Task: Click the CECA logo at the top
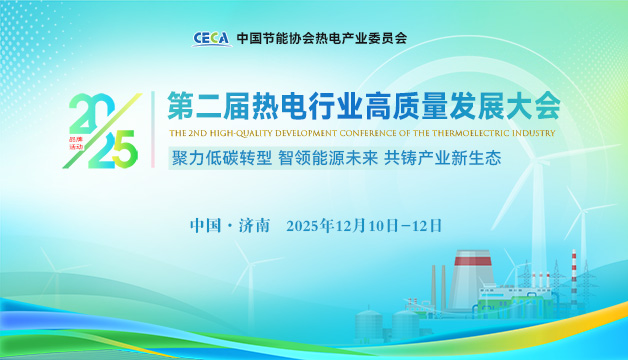click(x=213, y=39)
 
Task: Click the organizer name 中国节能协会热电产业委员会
click(x=322, y=39)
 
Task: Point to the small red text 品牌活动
click(x=78, y=144)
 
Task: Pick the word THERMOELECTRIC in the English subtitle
click(x=475, y=131)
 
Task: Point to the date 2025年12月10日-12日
click(x=364, y=224)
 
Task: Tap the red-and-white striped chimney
click(x=574, y=280)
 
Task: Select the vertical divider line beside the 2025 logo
click(x=151, y=130)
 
